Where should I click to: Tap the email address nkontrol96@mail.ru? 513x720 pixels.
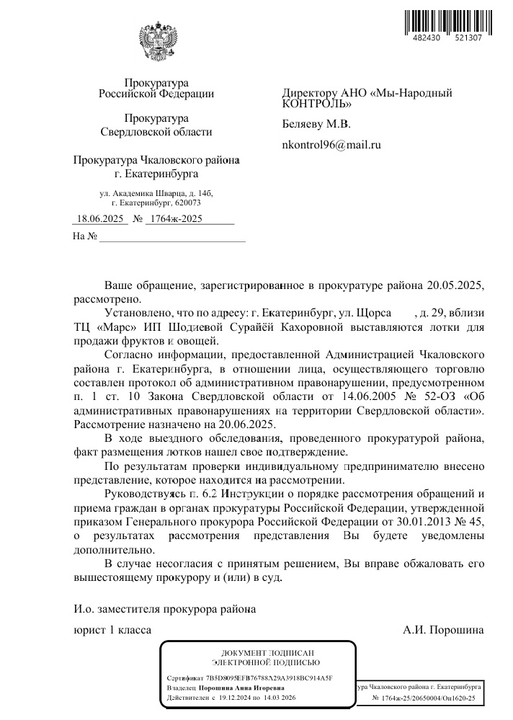[331, 145]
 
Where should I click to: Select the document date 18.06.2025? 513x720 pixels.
[101, 218]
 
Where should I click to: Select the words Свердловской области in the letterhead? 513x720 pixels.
[156, 132]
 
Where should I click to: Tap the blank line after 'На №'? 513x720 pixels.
[173, 237]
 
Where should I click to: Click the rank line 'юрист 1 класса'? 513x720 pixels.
[112, 630]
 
